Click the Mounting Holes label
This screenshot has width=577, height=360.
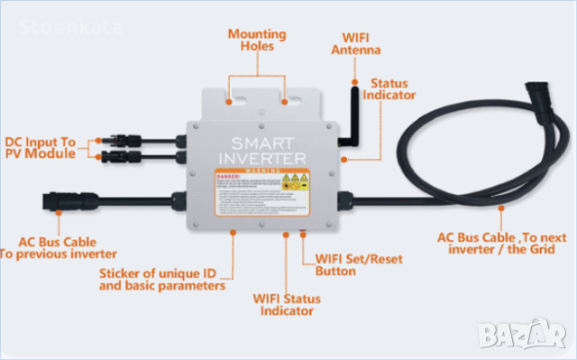point(257,41)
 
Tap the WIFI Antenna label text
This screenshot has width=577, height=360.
point(362,44)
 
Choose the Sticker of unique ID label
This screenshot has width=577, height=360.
point(160,280)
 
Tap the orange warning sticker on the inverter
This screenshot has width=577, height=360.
point(255,190)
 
